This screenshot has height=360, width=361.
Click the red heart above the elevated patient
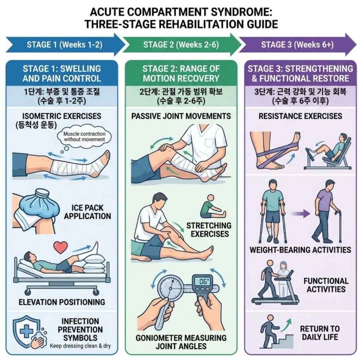pos(61,247)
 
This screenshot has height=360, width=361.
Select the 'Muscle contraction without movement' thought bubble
pos(84,137)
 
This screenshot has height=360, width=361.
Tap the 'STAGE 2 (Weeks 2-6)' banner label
pos(181,44)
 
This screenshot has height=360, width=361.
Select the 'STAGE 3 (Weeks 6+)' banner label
pos(297,44)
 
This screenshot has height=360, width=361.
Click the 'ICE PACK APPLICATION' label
pos(87,212)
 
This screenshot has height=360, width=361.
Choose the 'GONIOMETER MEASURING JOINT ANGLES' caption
pos(181,342)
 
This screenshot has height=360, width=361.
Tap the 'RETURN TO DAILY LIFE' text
pos(320,333)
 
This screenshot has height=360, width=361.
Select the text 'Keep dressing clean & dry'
pos(80,346)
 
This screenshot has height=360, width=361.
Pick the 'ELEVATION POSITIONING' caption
pos(62,302)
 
